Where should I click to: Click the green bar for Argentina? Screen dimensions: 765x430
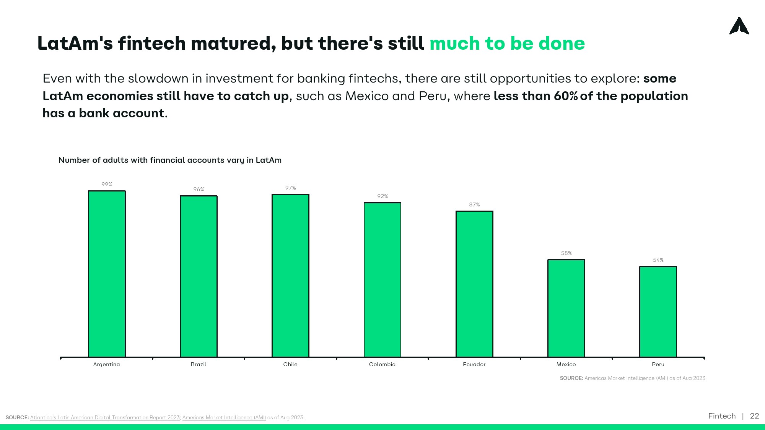(x=107, y=274)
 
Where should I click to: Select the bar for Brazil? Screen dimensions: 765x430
(x=199, y=276)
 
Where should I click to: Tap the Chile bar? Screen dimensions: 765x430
(x=290, y=276)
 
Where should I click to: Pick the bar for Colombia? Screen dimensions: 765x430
(x=382, y=280)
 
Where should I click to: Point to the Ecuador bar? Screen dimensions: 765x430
(x=474, y=284)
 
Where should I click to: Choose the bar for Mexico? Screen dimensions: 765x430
(x=566, y=308)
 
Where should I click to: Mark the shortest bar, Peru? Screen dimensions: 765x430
(x=658, y=312)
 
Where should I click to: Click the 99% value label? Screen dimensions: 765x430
(x=107, y=184)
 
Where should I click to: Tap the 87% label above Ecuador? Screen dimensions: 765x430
(x=474, y=204)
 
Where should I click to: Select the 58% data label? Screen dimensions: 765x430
(x=566, y=253)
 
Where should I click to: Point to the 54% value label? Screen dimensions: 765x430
(x=658, y=260)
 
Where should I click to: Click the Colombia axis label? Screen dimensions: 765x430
(x=382, y=364)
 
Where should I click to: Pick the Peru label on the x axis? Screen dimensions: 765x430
(x=658, y=364)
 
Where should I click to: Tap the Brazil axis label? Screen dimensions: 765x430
(x=199, y=364)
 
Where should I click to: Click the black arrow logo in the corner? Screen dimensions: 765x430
(x=739, y=26)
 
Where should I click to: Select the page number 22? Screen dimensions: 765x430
(x=754, y=416)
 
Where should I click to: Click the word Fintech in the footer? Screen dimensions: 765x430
(x=722, y=416)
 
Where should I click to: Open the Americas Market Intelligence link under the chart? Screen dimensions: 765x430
(x=626, y=378)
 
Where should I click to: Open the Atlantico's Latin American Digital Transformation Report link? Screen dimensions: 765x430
(x=105, y=417)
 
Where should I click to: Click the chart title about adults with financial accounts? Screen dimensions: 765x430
(x=170, y=160)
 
